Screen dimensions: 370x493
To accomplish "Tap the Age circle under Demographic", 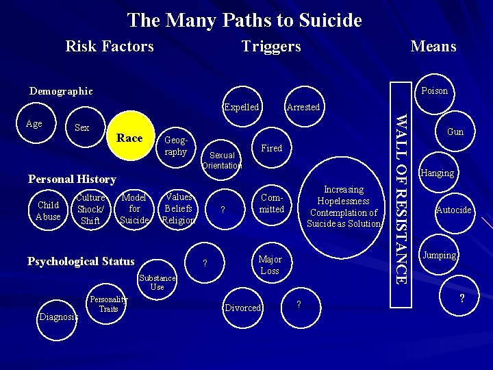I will tap(34, 124).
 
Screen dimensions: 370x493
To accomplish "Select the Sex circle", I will tap(82, 128).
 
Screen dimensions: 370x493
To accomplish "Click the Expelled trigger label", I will tap(242, 107).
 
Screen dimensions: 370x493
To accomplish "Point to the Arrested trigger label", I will tap(303, 107).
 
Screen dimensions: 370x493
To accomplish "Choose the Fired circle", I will tap(272, 148).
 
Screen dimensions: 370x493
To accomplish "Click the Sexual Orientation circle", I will tap(222, 160).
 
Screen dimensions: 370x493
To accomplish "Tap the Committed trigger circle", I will tap(272, 203).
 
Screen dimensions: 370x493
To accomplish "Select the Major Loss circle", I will tap(270, 264).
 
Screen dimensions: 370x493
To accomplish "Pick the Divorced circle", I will tap(243, 308).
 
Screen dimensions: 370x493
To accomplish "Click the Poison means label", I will tap(435, 91).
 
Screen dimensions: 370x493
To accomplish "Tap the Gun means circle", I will tap(455, 132).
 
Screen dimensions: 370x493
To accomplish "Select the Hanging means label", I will tap(438, 173).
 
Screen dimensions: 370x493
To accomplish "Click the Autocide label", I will tap(454, 210).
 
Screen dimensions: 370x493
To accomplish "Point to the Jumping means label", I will tap(440, 255).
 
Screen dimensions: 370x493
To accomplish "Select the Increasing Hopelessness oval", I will tap(344, 206).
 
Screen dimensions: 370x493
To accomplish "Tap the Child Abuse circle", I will tap(48, 210).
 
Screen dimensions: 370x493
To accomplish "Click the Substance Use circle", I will tap(157, 282).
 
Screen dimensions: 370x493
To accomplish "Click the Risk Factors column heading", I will tap(110, 46).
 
